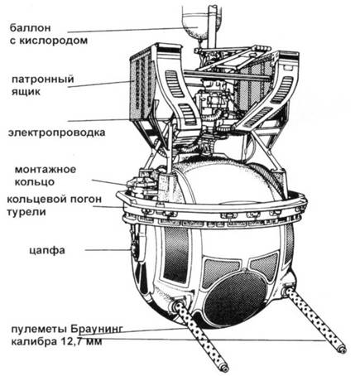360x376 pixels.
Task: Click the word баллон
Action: [31, 28]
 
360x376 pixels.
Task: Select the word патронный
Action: [43, 80]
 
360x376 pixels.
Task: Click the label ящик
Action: [26, 92]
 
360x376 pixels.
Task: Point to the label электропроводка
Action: [56, 133]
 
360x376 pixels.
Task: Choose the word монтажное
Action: [46, 169]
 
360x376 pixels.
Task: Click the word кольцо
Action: [35, 182]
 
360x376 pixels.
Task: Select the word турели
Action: [26, 213]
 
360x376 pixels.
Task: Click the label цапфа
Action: [47, 251]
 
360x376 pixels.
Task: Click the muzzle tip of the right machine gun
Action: [343, 349]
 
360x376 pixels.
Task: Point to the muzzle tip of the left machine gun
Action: [225, 369]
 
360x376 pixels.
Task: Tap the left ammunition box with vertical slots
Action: [143, 83]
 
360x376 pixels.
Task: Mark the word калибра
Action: [33, 342]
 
